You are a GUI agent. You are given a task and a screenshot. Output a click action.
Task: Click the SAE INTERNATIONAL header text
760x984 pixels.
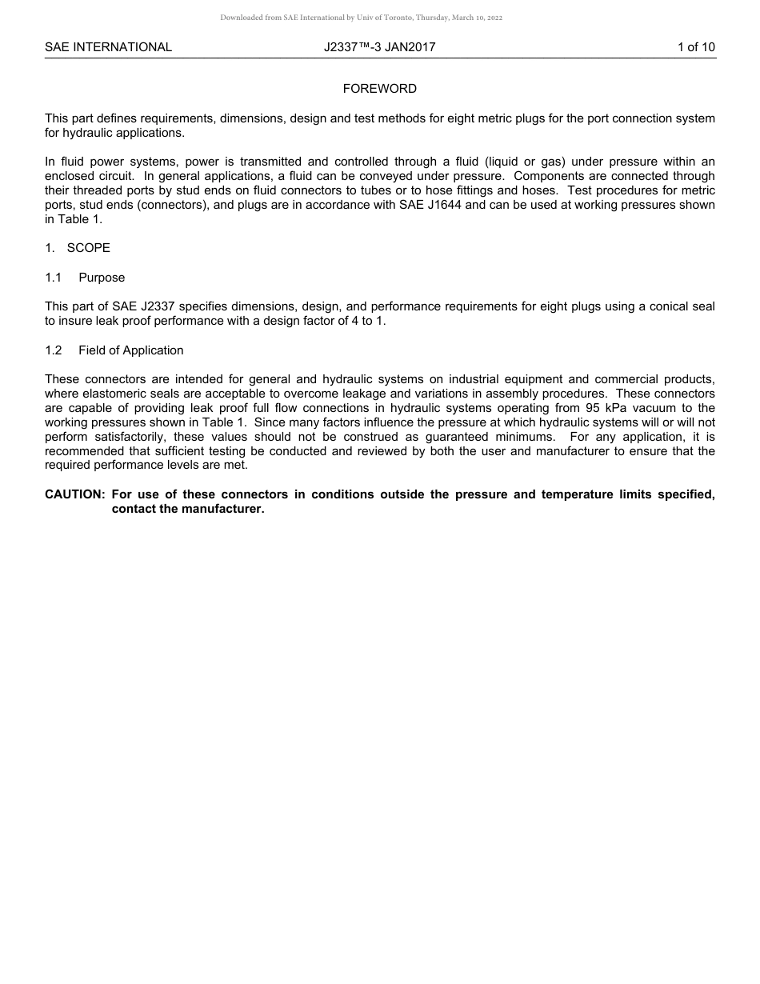(108, 47)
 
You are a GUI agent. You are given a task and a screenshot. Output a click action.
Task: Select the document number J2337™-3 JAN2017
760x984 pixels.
(379, 47)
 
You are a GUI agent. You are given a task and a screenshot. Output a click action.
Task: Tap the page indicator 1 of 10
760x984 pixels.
(696, 47)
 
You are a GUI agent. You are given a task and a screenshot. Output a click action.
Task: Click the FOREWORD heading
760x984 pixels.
(380, 89)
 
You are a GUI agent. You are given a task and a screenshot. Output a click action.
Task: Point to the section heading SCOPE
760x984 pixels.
(89, 248)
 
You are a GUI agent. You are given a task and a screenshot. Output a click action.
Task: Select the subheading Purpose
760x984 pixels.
(102, 278)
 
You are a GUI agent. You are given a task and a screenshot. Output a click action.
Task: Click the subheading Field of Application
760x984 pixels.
(131, 350)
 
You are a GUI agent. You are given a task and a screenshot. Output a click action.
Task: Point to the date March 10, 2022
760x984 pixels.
(476, 18)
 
